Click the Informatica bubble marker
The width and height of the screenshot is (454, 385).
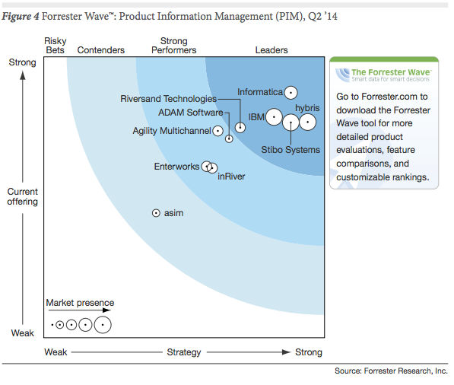coord(290,93)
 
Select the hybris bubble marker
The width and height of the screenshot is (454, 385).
coord(307,121)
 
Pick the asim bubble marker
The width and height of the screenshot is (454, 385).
coord(156,214)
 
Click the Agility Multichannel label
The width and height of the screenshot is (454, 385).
coord(171,131)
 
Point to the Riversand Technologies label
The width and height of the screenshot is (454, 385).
coord(168,99)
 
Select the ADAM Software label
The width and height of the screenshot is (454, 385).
coord(190,113)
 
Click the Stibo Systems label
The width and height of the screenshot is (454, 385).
coord(290,150)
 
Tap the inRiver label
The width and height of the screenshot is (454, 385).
coord(231,177)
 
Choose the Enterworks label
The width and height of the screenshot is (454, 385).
coord(176,167)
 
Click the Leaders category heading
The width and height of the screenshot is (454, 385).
coord(271,50)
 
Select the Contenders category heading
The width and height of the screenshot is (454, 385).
coord(101,50)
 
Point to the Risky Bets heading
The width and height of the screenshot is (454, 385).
coord(56,45)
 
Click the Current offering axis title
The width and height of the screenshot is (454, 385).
coord(22,197)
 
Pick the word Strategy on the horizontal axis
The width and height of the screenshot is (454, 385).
coord(184,352)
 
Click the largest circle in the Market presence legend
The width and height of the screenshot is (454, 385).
coord(103,325)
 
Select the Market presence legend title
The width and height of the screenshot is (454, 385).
coord(80,303)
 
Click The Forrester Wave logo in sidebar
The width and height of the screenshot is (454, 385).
coord(383,75)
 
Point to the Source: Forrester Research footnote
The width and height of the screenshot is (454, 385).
coord(391,371)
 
